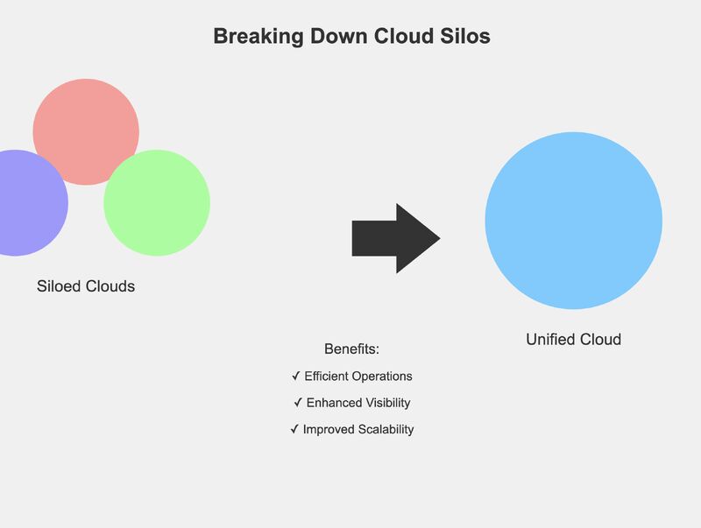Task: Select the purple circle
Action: click(22, 203)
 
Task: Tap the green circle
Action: click(157, 203)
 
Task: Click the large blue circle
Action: click(573, 221)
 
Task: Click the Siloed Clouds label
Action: click(86, 286)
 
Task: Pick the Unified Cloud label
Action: click(573, 339)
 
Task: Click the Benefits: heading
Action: click(351, 348)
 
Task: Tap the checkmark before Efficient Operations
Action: click(295, 377)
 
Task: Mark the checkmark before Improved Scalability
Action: click(294, 430)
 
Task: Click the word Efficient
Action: click(328, 377)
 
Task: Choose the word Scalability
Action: click(382, 430)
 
